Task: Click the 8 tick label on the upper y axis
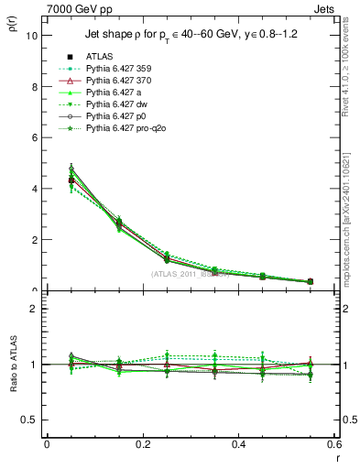coord(34,87)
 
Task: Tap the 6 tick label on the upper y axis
coord(34,137)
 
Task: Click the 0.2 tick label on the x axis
coord(142,444)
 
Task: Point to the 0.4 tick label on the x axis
coord(238,444)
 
